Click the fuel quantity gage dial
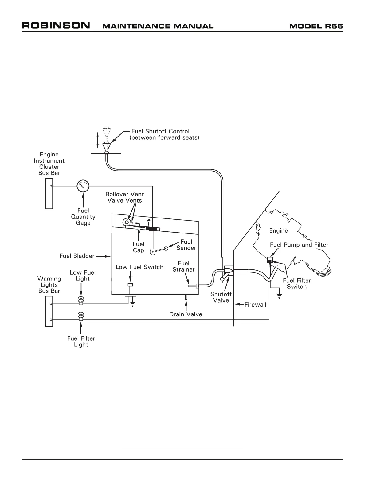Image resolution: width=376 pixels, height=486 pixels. tap(83, 186)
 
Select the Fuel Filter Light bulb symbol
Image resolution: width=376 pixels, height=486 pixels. tap(81, 315)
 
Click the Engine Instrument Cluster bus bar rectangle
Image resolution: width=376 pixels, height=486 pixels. tap(49, 193)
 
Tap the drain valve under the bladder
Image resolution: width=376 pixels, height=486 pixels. tap(186, 297)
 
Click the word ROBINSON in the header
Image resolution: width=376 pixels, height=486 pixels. tap(56, 25)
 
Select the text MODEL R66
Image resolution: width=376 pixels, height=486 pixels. tap(316, 26)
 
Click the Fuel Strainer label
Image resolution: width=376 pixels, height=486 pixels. tap(183, 266)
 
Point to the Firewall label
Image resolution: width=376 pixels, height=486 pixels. tap(255, 305)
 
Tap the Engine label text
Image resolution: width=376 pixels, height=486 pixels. tap(278, 230)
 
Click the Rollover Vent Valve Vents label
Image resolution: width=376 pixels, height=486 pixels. tap(124, 197)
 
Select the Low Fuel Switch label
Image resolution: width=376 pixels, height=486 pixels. tap(139, 267)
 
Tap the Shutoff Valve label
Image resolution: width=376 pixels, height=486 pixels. tap(221, 297)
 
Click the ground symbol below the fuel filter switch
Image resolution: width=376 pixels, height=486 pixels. tap(280, 296)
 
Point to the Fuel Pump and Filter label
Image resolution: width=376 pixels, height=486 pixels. tap(299, 245)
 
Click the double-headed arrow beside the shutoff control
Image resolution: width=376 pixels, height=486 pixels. tap(98, 140)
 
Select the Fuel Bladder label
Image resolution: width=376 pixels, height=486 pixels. tap(77, 256)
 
